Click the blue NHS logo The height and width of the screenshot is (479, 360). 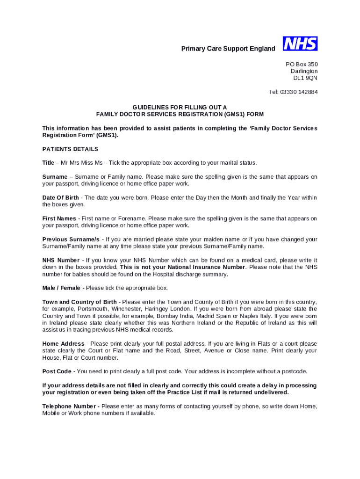[x=300, y=44]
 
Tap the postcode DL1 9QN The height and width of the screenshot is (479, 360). [x=305, y=78]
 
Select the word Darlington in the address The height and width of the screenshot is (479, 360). [x=304, y=71]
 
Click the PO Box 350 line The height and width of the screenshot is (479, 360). [x=302, y=64]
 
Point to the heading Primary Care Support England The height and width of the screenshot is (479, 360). [x=228, y=49]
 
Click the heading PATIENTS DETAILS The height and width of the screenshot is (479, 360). [x=70, y=149]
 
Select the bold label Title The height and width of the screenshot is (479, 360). [x=48, y=163]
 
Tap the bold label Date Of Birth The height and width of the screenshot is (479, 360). [x=60, y=198]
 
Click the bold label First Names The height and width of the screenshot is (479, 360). [x=59, y=218]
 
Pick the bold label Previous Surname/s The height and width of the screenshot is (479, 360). [x=71, y=239]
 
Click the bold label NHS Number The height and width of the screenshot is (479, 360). [x=61, y=260]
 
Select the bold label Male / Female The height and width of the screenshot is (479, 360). [x=61, y=288]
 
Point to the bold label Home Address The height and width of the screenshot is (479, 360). [x=63, y=344]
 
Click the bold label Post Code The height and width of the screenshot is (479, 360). [x=57, y=371]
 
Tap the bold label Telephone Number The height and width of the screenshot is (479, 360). [x=70, y=406]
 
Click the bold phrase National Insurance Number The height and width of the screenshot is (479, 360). [x=208, y=267]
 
